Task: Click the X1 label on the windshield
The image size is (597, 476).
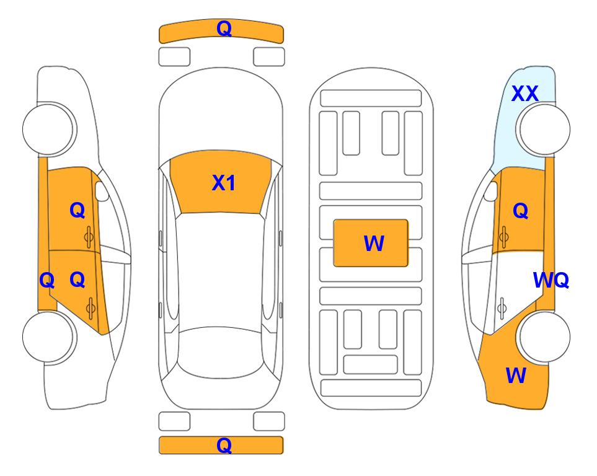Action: [224, 183]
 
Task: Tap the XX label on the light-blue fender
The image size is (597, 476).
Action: [524, 94]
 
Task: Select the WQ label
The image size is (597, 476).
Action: [551, 280]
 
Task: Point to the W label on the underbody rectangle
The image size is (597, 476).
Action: [374, 244]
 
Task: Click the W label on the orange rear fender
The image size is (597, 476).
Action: [516, 375]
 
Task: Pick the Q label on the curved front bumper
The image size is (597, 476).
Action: [224, 29]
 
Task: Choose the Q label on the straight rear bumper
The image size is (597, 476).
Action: [224, 445]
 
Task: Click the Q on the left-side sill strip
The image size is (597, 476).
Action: [47, 281]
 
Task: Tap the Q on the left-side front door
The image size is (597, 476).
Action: [77, 210]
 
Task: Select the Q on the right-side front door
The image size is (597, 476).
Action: [521, 211]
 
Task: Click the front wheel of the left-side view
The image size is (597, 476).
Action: [49, 129]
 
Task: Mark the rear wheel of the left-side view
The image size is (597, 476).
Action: [49, 337]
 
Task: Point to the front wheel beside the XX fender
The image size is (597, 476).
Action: [543, 129]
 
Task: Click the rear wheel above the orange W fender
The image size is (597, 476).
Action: [543, 337]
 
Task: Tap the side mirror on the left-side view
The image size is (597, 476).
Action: [101, 191]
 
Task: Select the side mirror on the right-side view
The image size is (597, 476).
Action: [491, 191]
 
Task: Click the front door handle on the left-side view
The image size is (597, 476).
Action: [89, 237]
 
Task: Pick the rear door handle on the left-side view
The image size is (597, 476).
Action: [91, 309]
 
